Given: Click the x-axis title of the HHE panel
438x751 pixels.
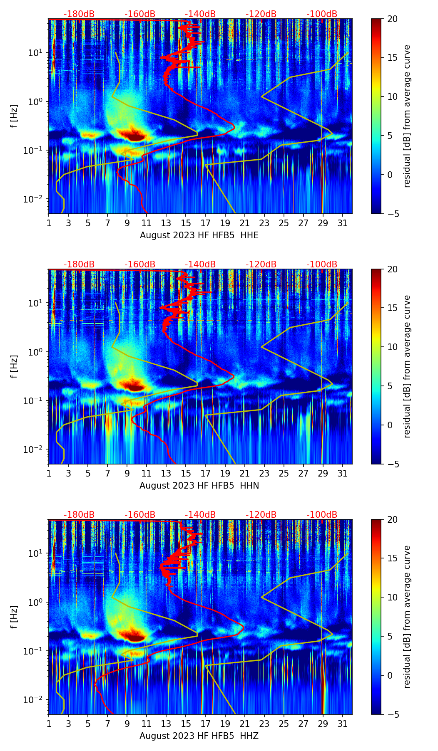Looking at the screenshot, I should click(199, 235).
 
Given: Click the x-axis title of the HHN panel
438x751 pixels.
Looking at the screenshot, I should click(199, 486).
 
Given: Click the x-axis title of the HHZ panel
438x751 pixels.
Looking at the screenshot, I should click(199, 736).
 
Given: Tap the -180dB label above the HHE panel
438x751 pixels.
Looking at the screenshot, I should click(79, 14).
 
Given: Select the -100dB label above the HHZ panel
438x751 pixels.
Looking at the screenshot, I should click(322, 515).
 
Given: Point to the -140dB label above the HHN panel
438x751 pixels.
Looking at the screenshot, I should click(200, 264).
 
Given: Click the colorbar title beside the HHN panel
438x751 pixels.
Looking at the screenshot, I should click(407, 366).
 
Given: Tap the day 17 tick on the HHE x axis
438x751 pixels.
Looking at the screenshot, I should click(206, 222).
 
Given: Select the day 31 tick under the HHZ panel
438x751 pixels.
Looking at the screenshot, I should click(343, 723).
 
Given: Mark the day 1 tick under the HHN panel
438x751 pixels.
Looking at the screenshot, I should click(49, 473).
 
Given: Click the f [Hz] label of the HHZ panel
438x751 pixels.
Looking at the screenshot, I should click(14, 617).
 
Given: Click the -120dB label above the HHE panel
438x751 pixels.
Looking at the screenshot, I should click(261, 14).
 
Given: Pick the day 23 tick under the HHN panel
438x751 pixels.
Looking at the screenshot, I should click(264, 473).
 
